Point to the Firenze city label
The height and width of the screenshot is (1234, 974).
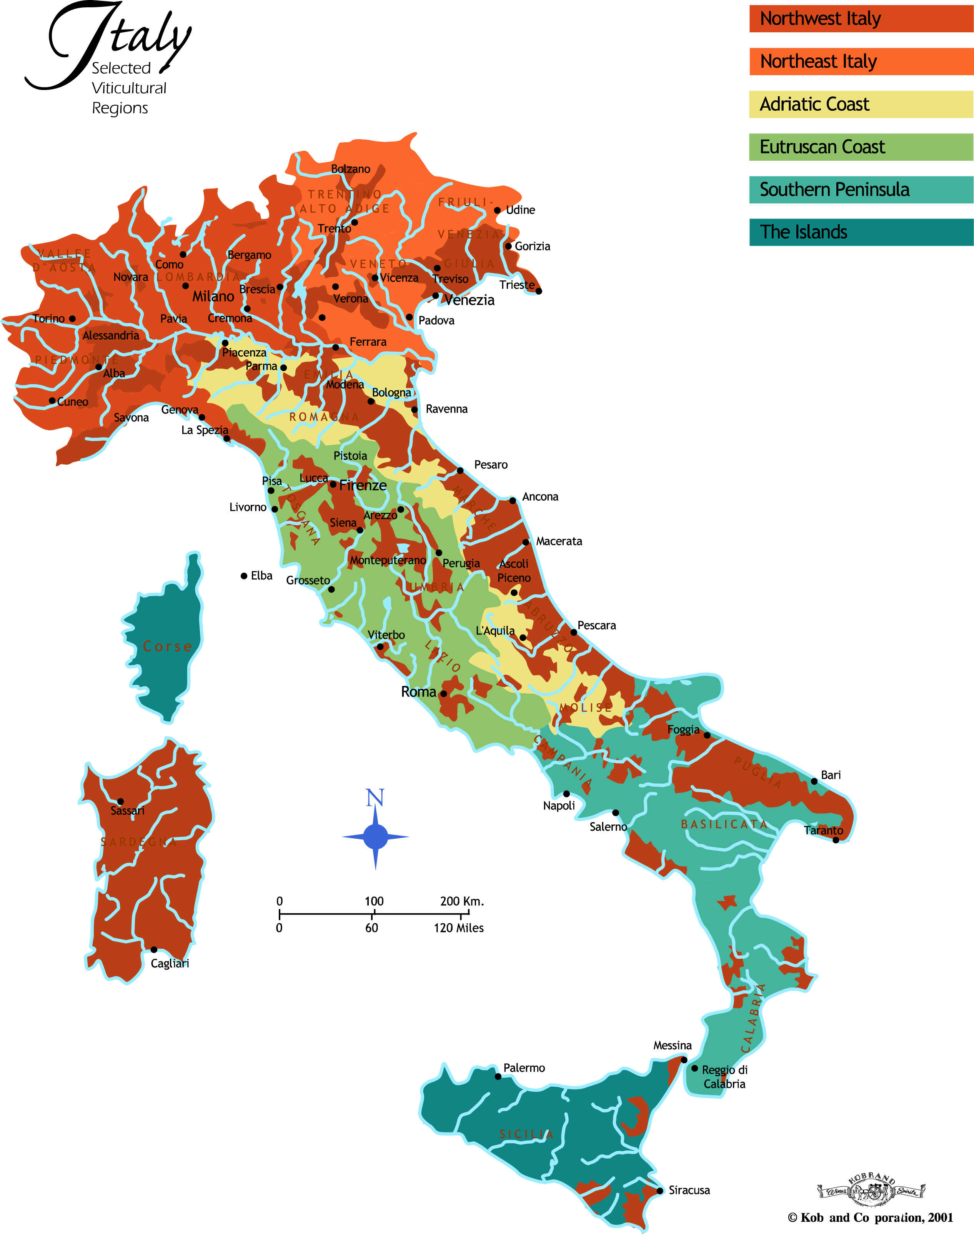tap(363, 485)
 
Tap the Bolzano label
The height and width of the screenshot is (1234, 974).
tap(351, 169)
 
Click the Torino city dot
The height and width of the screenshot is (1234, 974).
tap(72, 319)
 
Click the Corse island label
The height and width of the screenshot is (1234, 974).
tap(167, 646)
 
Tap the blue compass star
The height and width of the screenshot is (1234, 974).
tap(375, 837)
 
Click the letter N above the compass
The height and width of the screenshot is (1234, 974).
tap(375, 798)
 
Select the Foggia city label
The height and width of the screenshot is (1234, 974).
tap(683, 729)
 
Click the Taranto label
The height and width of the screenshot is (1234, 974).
tap(824, 830)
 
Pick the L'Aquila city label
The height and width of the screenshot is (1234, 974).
tap(495, 631)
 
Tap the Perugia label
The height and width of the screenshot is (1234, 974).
tap(461, 563)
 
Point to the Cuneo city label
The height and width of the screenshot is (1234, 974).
tap(72, 402)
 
